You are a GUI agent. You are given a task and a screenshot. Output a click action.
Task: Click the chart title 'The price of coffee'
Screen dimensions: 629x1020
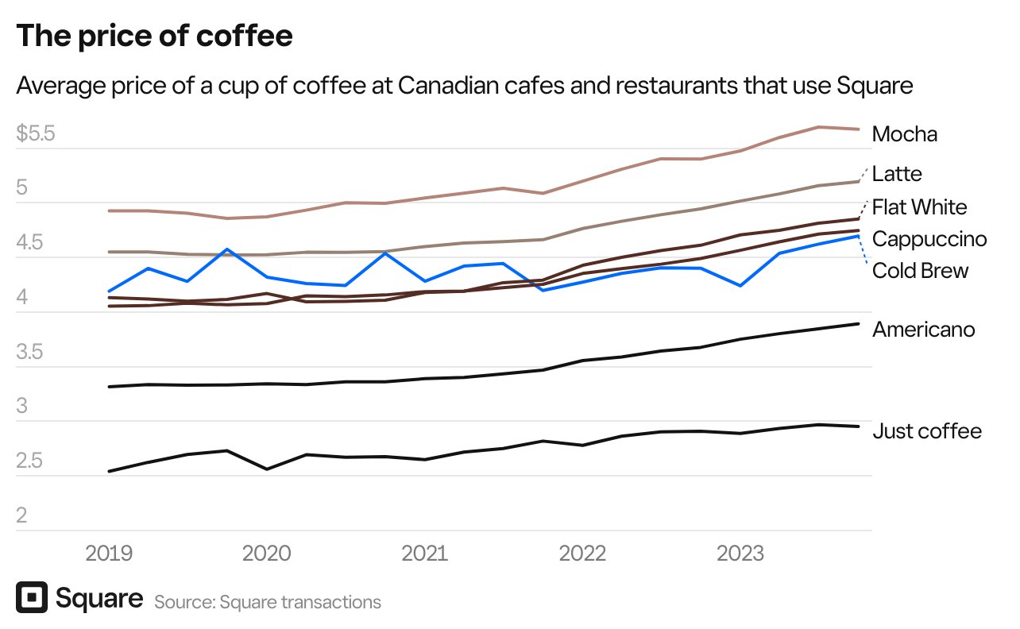click(154, 37)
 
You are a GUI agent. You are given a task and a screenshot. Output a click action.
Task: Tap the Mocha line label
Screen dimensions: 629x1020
click(904, 134)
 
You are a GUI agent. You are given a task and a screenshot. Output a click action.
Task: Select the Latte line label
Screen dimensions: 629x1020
click(897, 173)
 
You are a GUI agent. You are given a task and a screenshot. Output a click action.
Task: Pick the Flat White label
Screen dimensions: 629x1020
click(919, 207)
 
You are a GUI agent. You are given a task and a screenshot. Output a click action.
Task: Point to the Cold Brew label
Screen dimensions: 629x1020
click(920, 271)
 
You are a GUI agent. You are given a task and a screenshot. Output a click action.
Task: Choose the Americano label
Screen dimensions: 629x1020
click(923, 330)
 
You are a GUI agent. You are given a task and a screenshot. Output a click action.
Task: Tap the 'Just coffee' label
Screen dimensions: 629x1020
click(927, 431)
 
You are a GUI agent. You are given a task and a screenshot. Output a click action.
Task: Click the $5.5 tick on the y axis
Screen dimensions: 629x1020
click(36, 133)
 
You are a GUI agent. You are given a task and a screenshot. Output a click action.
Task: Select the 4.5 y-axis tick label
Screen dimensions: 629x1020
click(30, 243)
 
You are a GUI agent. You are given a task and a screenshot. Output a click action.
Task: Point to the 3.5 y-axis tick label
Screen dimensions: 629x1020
click(30, 353)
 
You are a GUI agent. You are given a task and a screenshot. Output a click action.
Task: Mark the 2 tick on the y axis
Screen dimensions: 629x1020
click(21, 516)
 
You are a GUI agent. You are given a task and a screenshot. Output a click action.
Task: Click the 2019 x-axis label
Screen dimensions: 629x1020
click(109, 553)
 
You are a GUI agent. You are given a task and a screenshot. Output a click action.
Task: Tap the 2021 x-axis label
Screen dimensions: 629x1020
click(426, 553)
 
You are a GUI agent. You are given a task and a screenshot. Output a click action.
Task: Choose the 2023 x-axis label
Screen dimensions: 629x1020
click(740, 553)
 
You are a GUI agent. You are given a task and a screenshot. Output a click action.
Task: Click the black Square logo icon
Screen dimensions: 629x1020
click(31, 598)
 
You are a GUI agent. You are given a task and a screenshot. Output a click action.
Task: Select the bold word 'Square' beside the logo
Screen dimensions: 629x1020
click(99, 598)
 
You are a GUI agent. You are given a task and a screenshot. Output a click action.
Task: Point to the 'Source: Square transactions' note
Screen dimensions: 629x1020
click(268, 602)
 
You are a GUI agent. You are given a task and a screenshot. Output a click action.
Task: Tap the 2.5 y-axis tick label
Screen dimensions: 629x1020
click(30, 461)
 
